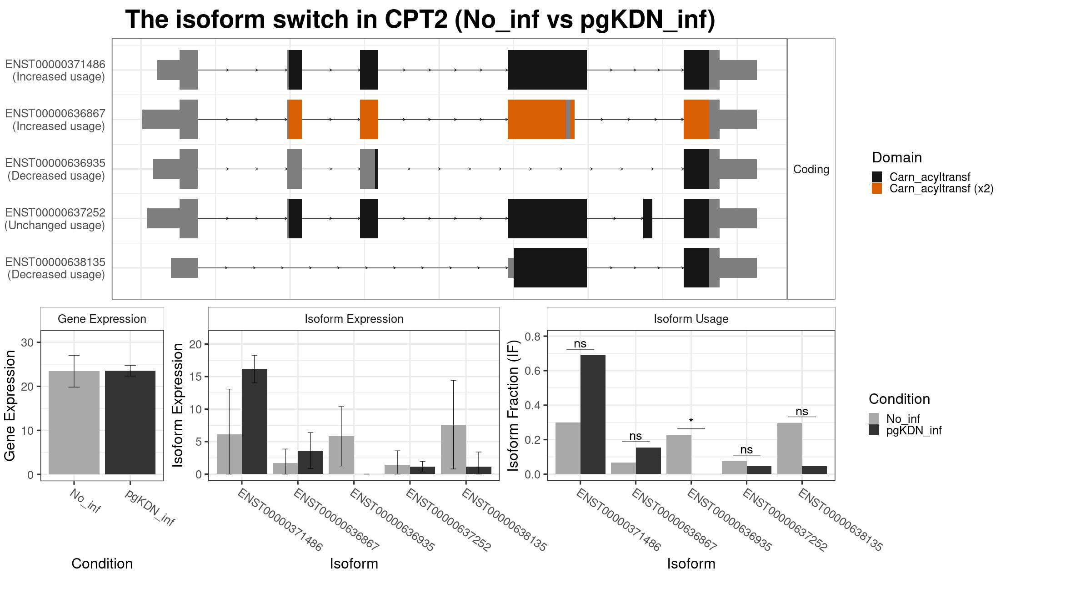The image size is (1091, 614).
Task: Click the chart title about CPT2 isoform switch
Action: [x=420, y=20]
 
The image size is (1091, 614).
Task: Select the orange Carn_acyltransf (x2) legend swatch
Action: [x=877, y=189]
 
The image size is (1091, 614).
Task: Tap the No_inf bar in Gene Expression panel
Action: [x=74, y=423]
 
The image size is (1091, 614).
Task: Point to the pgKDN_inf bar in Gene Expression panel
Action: [x=130, y=423]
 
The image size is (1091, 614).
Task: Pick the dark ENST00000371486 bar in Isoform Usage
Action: [x=593, y=414]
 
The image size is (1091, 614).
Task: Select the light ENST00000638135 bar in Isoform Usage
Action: [x=790, y=448]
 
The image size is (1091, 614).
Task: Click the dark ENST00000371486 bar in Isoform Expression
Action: [x=255, y=421]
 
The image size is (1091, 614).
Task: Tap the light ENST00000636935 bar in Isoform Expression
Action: [x=341, y=455]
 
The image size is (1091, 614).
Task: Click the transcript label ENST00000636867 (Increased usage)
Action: [x=55, y=120]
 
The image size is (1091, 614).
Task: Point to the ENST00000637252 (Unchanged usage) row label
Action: [x=55, y=219]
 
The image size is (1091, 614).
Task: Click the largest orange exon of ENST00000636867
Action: [x=537, y=119]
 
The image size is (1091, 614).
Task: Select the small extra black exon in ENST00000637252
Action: [x=648, y=218]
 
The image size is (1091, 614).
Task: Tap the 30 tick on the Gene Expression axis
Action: [x=27, y=342]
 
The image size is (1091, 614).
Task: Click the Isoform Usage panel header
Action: [x=691, y=319]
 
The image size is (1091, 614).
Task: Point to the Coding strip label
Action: [x=811, y=169]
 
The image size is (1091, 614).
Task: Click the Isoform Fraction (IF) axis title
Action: [x=514, y=405]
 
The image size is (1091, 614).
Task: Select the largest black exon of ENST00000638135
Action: [x=550, y=268]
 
